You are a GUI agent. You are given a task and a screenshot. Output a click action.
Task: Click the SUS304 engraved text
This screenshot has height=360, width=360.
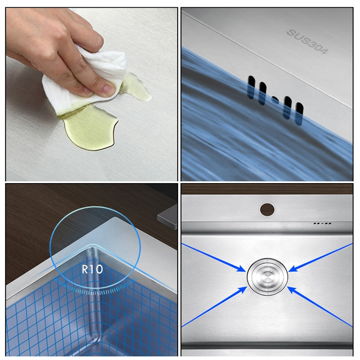click(307, 41)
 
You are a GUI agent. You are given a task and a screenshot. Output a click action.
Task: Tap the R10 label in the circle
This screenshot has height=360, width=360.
click(92, 269)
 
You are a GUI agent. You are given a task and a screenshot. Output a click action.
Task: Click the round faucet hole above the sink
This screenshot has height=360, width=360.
click(267, 209)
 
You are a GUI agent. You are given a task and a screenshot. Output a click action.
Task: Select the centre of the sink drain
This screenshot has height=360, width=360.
click(267, 277)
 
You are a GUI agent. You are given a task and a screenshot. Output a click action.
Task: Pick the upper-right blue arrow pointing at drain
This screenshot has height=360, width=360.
click(321, 257)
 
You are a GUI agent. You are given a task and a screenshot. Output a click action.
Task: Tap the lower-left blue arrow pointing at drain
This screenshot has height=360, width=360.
click(214, 307)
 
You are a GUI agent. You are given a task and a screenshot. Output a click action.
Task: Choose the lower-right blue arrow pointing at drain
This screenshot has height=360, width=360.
click(320, 307)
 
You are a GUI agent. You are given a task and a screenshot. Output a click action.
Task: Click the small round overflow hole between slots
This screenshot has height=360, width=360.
click(275, 99)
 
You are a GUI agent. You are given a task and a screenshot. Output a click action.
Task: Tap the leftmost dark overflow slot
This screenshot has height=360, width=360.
click(251, 87)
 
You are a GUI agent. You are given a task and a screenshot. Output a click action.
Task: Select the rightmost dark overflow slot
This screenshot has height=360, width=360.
click(299, 114)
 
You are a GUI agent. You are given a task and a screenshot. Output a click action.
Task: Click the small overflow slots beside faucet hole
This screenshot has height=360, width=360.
click(322, 223)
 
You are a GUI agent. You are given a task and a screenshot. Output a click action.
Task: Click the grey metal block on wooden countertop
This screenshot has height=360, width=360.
click(167, 217)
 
